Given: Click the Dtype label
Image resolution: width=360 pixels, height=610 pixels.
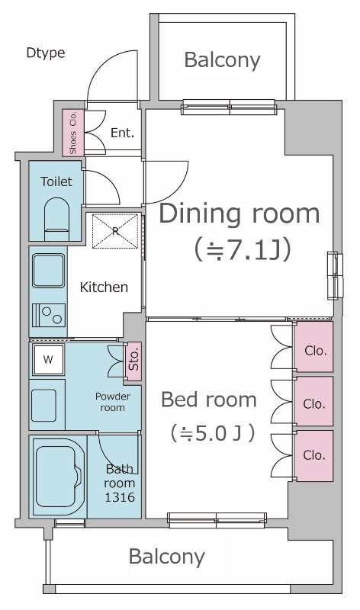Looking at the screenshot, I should (45, 53).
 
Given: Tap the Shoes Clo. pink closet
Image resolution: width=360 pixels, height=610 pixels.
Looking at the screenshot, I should (73, 133).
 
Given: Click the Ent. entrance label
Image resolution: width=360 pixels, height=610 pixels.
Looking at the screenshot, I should (122, 133).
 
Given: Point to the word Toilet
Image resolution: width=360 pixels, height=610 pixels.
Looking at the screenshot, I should (56, 181).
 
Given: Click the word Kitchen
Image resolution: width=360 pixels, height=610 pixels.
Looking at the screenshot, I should (104, 287).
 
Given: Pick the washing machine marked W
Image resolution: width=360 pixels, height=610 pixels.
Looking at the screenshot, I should (48, 359).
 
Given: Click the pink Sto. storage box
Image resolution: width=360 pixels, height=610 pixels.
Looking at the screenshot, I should (134, 360).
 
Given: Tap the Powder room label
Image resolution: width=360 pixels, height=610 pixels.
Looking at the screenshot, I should (112, 402).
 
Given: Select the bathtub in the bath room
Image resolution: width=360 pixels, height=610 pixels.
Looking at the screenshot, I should (59, 475).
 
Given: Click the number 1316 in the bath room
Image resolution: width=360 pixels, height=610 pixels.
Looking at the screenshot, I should (120, 497).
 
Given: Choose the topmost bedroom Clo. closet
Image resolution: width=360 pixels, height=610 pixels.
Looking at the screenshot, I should (314, 351).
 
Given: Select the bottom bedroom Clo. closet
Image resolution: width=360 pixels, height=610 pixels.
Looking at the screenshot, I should (314, 455).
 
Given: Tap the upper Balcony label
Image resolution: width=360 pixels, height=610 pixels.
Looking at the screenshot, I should (222, 60).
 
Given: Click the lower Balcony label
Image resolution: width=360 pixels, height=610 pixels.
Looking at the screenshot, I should (166, 557).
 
